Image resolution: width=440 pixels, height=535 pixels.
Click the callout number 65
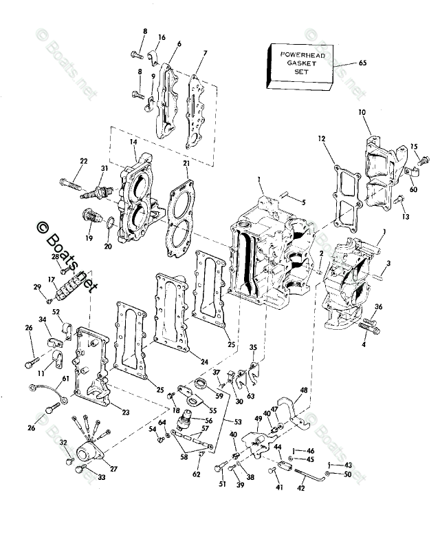(363, 63)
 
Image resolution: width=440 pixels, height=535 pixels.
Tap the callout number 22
(84, 162)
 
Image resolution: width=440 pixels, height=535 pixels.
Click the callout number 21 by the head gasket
(186, 162)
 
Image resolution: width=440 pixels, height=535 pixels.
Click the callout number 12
(321, 139)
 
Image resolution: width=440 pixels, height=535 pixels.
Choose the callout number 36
(379, 307)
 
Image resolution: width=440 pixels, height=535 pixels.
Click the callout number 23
(125, 412)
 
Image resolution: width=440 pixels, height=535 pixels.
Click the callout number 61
(66, 379)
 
